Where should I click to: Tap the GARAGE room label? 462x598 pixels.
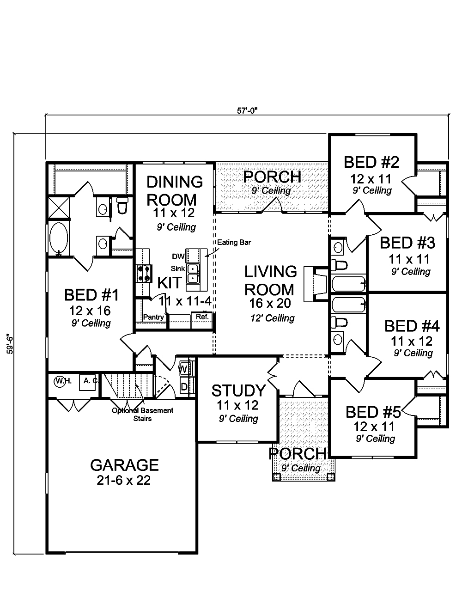point(124,464)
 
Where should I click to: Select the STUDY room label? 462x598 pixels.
point(238,391)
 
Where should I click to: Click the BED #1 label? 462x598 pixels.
point(91,295)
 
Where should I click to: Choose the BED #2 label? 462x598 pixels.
point(371,162)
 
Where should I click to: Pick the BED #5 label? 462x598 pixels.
point(373,411)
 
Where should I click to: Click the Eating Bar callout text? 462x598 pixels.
point(234,242)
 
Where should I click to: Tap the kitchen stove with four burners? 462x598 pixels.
point(144,273)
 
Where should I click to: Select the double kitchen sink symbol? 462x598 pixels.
point(193,273)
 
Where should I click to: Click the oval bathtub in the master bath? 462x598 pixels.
point(59,239)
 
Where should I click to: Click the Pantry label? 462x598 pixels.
point(153,317)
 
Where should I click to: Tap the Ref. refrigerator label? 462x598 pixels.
point(202,317)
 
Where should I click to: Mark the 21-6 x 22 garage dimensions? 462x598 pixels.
point(124,481)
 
